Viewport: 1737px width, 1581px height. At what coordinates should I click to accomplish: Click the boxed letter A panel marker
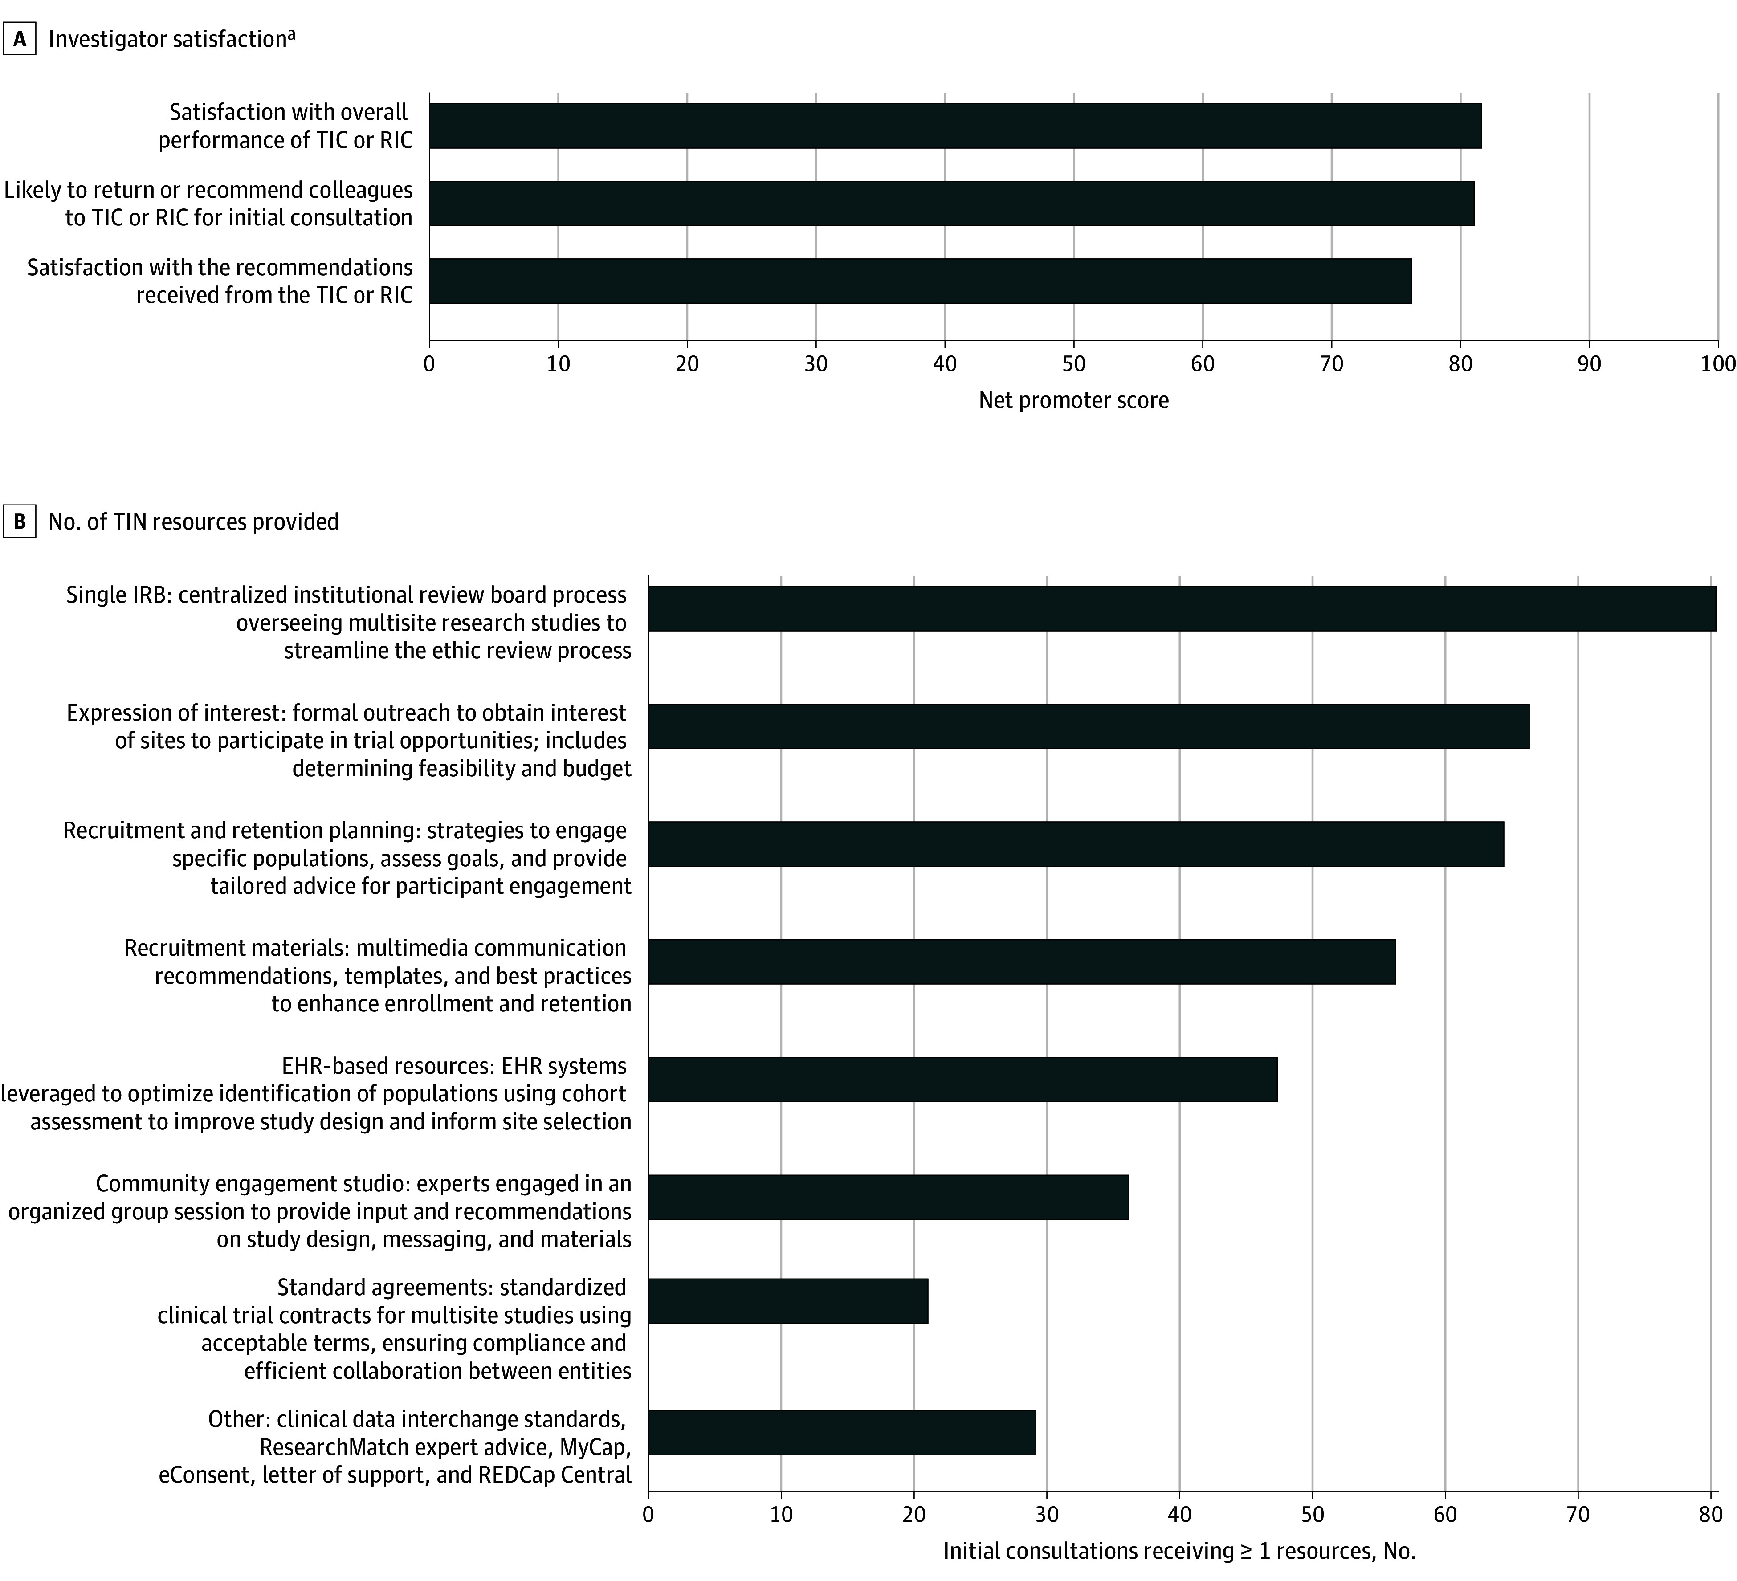19,40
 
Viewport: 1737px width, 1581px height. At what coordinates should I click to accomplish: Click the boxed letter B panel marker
19,522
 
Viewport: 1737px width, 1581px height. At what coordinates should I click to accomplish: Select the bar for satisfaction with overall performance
954,126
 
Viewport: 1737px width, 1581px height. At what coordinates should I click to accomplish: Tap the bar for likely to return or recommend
951,204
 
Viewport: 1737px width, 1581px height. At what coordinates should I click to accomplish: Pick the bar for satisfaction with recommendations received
920,281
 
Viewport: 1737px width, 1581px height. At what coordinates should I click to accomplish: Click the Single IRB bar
1181,609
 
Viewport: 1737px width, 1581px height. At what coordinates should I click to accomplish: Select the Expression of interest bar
1088,726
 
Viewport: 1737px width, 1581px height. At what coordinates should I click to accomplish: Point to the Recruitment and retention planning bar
1075,843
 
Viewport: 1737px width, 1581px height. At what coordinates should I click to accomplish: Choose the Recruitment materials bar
1022,962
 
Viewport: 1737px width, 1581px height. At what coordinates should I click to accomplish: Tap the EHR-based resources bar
962,1079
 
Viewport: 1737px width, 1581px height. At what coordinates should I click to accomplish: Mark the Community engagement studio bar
888,1197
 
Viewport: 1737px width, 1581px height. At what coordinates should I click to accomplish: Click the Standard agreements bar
787,1301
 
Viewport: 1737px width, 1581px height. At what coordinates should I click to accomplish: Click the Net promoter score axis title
1073,401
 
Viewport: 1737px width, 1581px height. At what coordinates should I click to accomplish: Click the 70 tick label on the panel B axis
1578,1515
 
